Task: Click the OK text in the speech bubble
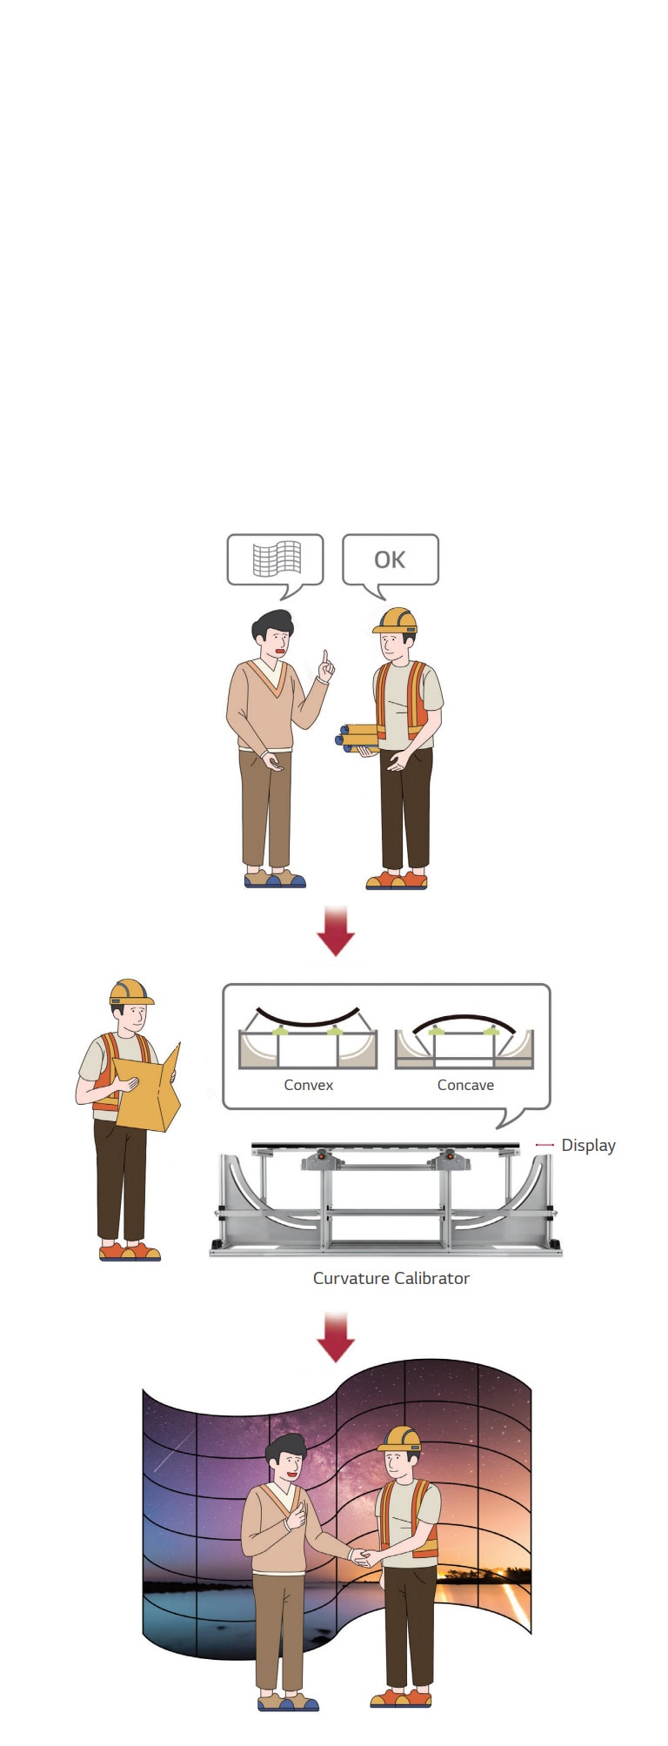pyautogui.click(x=390, y=559)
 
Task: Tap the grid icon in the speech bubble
pyautogui.click(x=277, y=559)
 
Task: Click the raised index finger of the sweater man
pyautogui.click(x=325, y=659)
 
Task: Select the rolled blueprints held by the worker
pyautogui.click(x=357, y=737)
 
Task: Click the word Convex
pyautogui.click(x=309, y=1085)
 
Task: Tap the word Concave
pyautogui.click(x=465, y=1085)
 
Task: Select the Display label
pyautogui.click(x=588, y=1145)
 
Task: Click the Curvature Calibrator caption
pyautogui.click(x=391, y=1278)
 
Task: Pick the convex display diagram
pyautogui.click(x=308, y=1038)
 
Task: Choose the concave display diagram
pyautogui.click(x=464, y=1040)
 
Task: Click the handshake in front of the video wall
pyautogui.click(x=361, y=1557)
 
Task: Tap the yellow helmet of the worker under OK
pyautogui.click(x=395, y=620)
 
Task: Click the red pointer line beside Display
pyautogui.click(x=544, y=1145)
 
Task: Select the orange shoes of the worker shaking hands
pyautogui.click(x=401, y=1698)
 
